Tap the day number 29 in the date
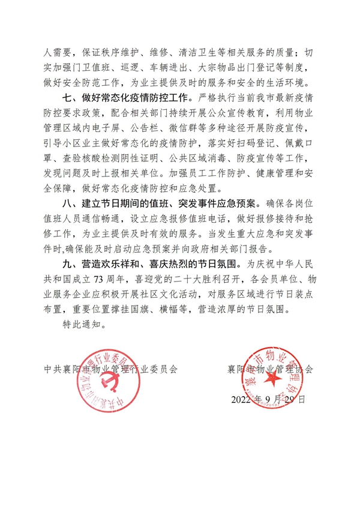click(292, 399)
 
